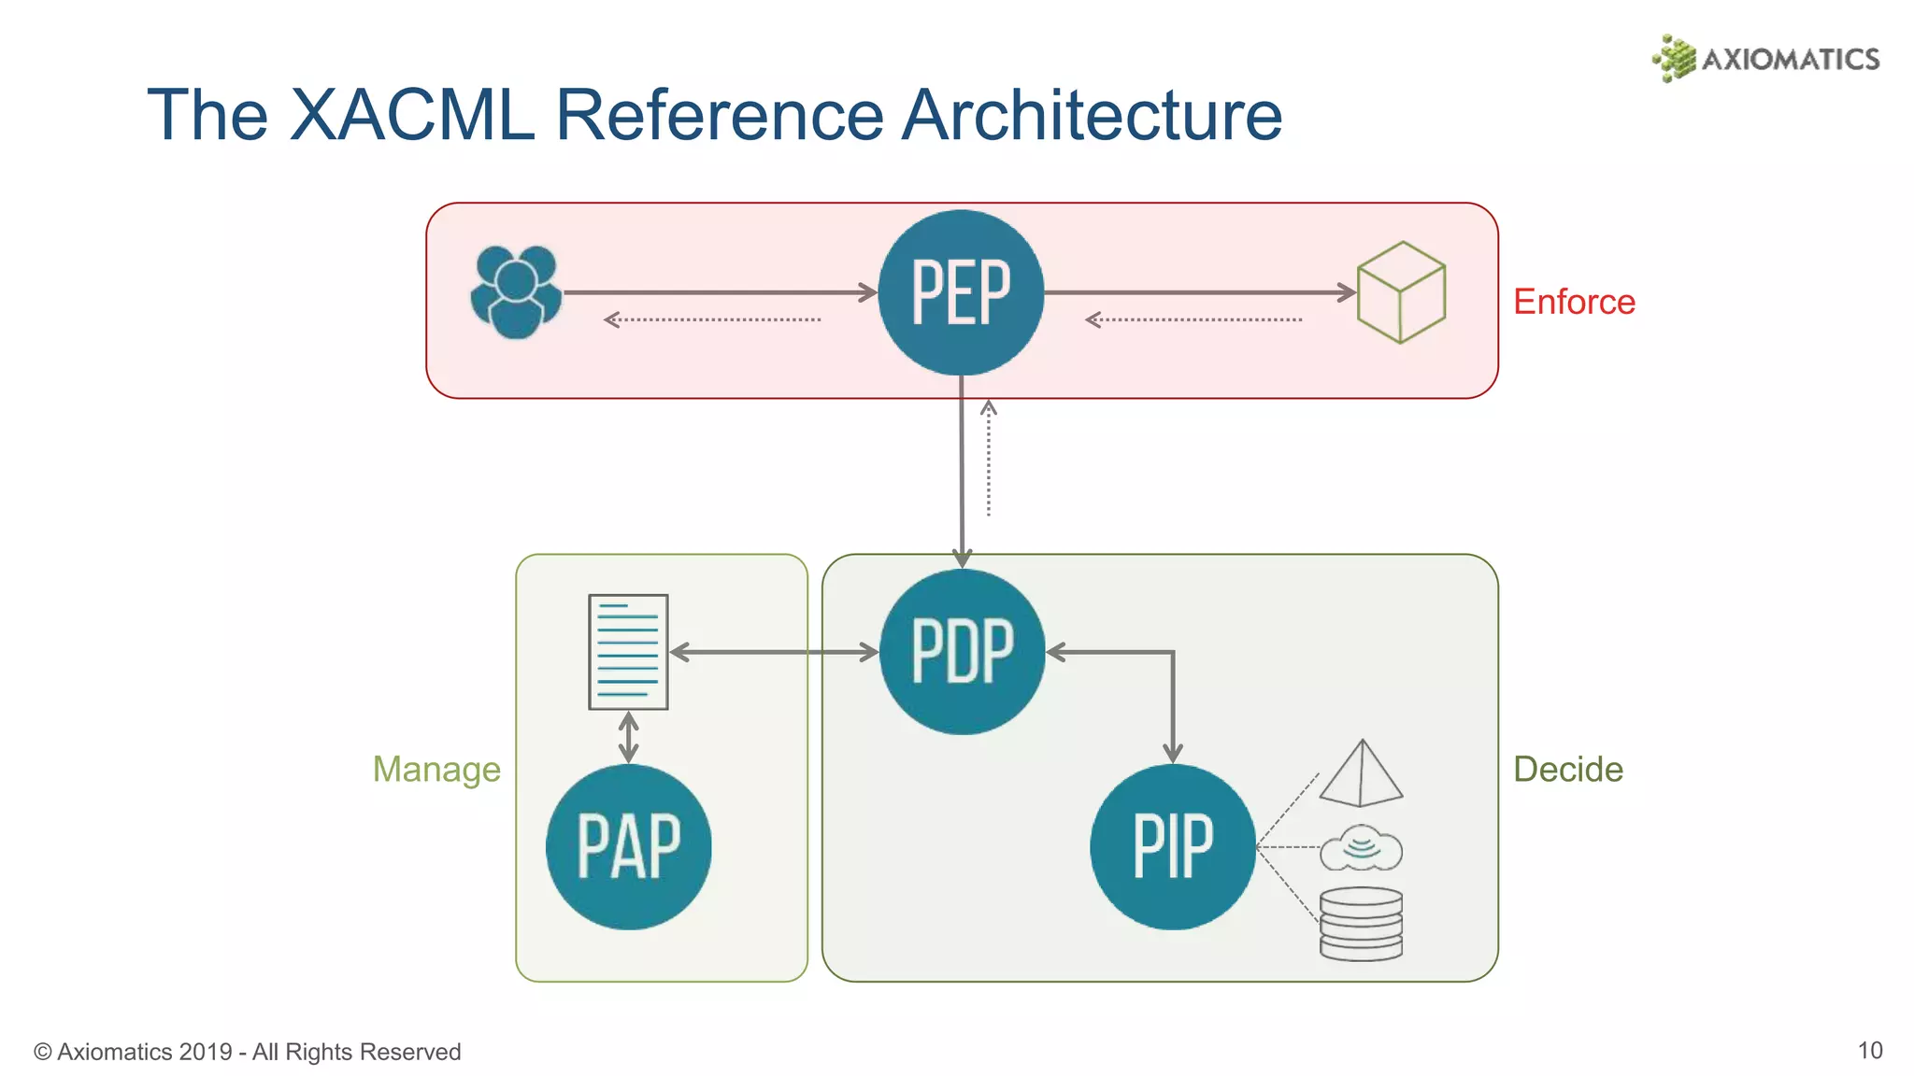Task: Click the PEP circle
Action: (x=961, y=292)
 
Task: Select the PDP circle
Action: (x=962, y=652)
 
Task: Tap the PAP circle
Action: (x=628, y=846)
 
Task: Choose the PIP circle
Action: (x=1172, y=846)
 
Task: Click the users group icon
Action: (x=516, y=291)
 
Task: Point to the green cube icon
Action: (x=1401, y=292)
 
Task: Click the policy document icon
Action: (x=628, y=652)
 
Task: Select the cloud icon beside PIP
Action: (x=1361, y=848)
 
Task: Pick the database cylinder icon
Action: (x=1361, y=924)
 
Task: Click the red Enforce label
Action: (x=1574, y=302)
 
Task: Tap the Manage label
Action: (x=436, y=770)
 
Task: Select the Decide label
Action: (x=1567, y=770)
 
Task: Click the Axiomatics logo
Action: (x=1766, y=58)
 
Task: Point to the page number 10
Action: (x=1869, y=1051)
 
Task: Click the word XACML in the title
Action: (x=411, y=115)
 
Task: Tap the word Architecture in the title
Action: (x=1091, y=115)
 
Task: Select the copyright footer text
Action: (x=248, y=1052)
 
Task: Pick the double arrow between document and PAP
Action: (x=629, y=737)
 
